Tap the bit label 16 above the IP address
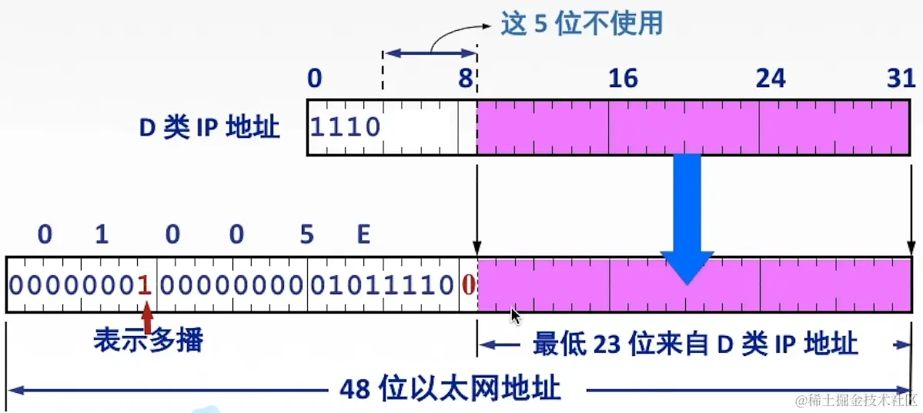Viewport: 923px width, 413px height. click(623, 78)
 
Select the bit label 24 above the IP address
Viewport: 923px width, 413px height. click(771, 78)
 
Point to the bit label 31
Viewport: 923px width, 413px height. click(901, 78)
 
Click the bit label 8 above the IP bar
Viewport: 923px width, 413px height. click(467, 78)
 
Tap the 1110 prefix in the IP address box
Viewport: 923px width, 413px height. click(346, 126)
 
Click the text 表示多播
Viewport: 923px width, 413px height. click(149, 340)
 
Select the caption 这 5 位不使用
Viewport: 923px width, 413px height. click(581, 23)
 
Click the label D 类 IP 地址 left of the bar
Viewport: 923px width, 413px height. click(209, 128)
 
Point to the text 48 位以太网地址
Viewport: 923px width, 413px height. click(450, 388)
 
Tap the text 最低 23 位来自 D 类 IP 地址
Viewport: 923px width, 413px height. click(694, 344)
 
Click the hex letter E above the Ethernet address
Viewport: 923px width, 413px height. click(363, 233)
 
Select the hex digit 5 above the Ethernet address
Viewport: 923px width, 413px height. click(307, 233)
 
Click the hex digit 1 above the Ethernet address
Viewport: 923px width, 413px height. click(102, 233)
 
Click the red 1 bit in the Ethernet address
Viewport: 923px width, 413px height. click(143, 285)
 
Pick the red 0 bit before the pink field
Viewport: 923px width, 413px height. click(467, 285)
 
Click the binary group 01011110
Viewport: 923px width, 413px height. click(382, 285)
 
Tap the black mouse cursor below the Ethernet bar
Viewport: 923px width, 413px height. click(516, 317)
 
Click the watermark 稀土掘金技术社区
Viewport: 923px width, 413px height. click(856, 400)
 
